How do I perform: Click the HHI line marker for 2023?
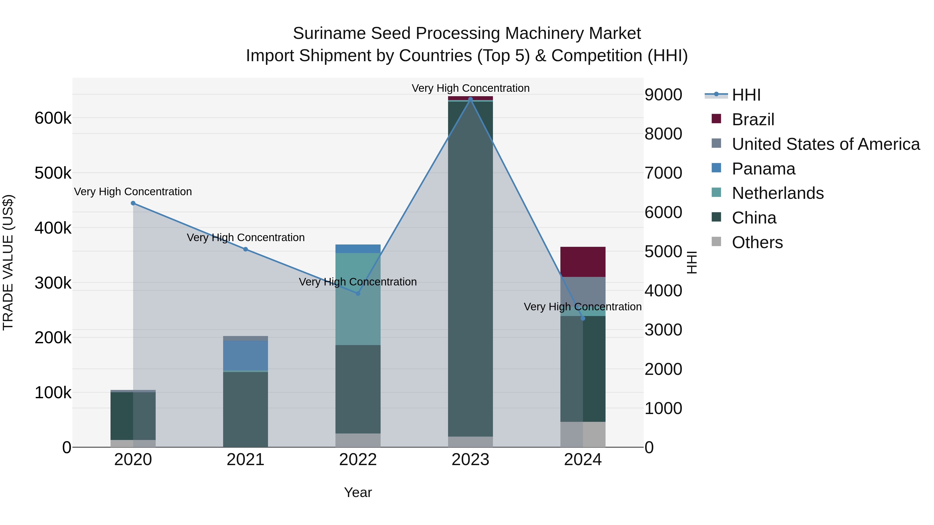(x=470, y=99)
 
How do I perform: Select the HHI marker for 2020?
(x=133, y=203)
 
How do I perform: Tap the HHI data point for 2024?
(x=583, y=318)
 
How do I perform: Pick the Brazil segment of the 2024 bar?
(x=583, y=262)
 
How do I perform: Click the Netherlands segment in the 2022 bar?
(x=358, y=299)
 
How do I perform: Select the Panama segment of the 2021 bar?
(x=245, y=355)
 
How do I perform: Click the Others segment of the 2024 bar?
(x=583, y=435)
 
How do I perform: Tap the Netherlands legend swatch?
(x=716, y=193)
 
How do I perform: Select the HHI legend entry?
(x=746, y=95)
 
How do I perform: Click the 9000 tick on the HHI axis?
(x=663, y=95)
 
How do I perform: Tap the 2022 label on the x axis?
(x=358, y=460)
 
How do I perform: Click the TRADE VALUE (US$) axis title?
(x=8, y=262)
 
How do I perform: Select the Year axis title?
(x=358, y=492)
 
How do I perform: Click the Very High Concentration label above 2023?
(x=470, y=88)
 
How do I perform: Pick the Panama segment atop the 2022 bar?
(x=358, y=249)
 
